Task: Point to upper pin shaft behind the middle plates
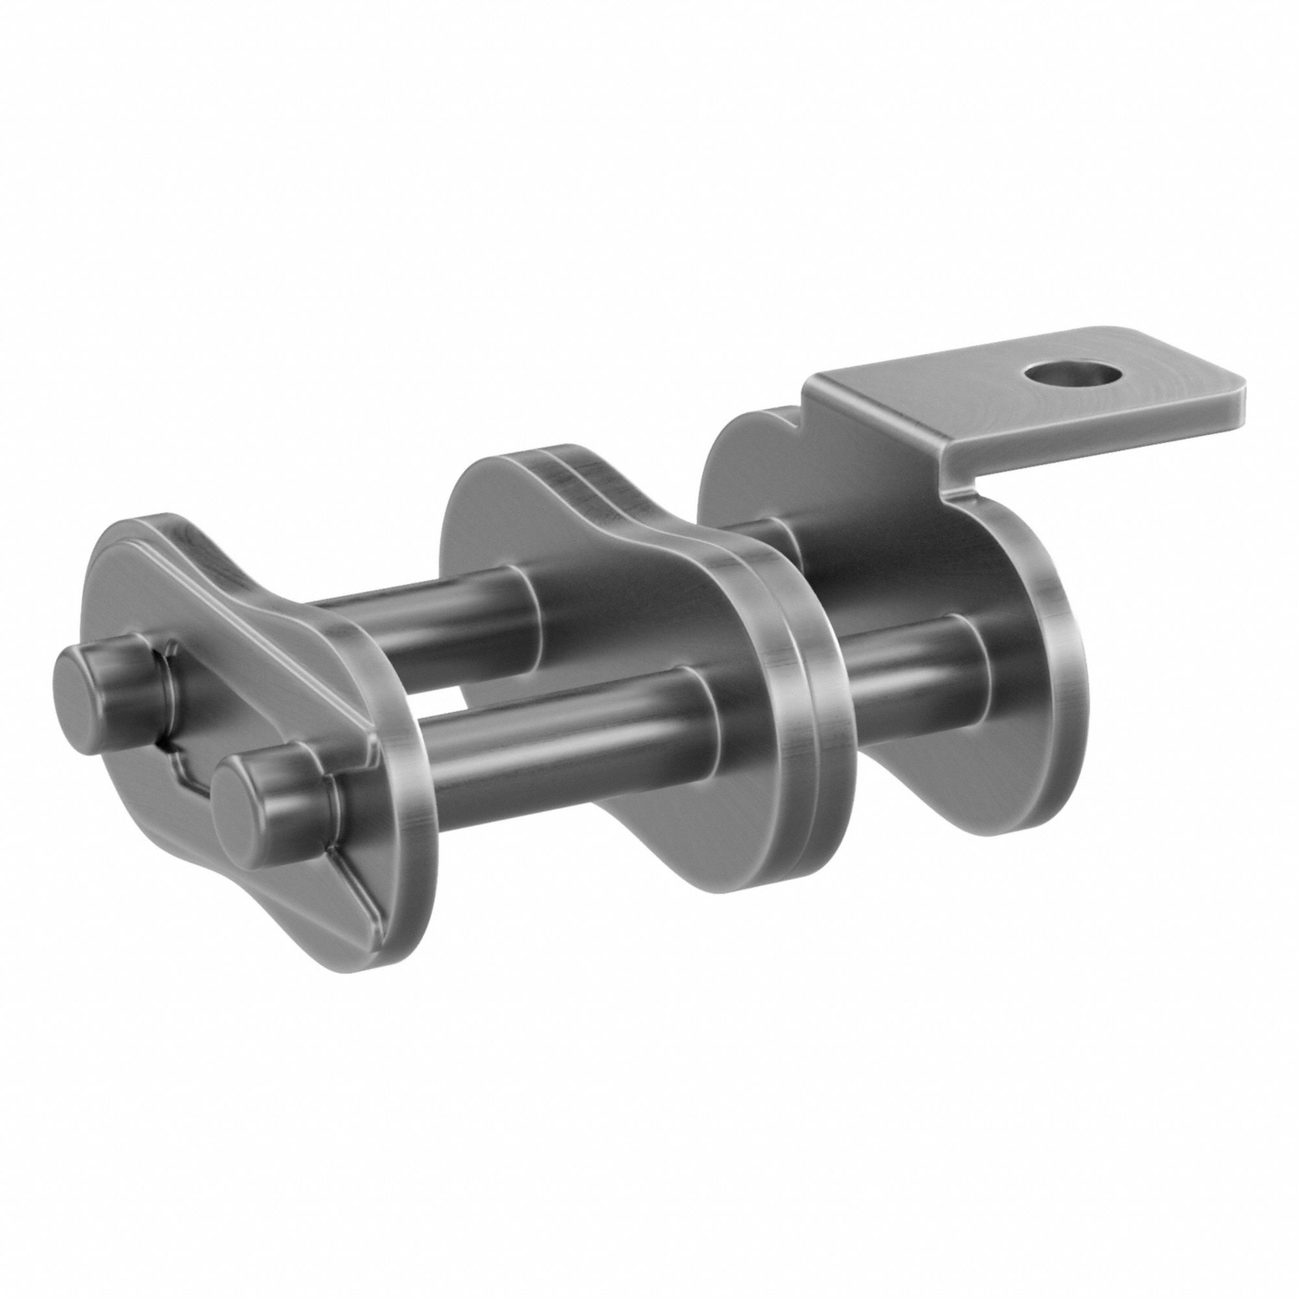pos(766,538)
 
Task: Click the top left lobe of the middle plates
pos(491,484)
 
